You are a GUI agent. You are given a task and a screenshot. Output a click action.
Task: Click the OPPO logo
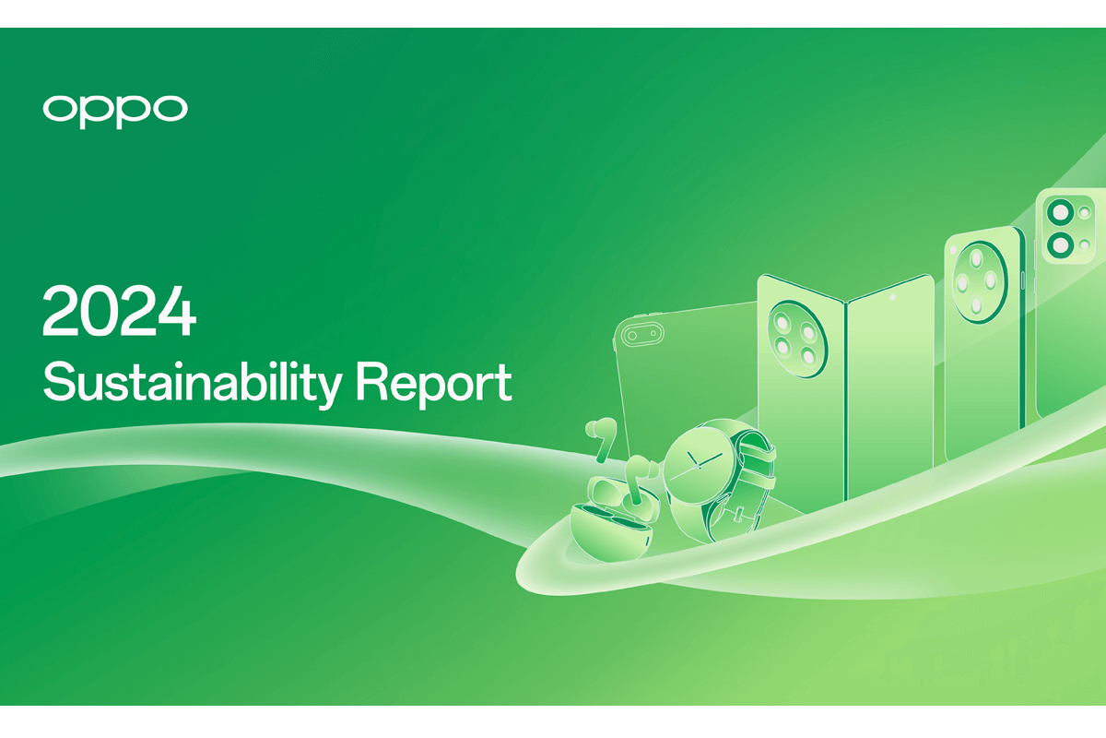115,111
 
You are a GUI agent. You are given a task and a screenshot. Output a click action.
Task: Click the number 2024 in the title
120,312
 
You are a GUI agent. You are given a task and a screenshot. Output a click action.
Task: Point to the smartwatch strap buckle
738,514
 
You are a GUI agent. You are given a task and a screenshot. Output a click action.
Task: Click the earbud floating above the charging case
601,437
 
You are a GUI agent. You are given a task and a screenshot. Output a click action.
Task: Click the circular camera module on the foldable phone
797,339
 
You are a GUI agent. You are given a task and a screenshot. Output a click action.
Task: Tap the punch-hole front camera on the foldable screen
892,298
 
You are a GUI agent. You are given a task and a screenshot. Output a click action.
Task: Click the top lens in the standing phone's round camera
976,259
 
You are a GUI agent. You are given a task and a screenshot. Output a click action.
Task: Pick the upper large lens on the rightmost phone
1061,212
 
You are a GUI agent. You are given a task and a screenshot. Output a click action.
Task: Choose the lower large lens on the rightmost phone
1061,244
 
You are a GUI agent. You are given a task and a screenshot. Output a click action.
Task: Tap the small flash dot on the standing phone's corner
952,251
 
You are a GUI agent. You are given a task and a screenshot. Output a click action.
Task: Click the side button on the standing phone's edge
1022,280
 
